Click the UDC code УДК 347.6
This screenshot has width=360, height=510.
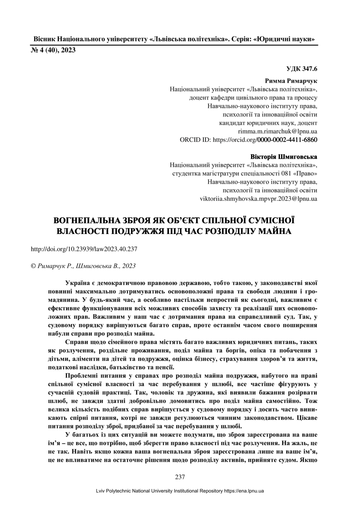[x=302, y=70]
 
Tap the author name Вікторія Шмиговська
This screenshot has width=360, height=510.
[x=284, y=157]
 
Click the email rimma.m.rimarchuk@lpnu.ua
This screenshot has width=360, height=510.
[x=277, y=131]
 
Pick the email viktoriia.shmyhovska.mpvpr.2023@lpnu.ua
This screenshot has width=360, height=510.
[x=258, y=198]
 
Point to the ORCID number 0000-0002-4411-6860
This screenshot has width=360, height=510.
[x=287, y=140]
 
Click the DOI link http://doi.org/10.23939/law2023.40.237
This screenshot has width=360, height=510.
[x=84, y=248]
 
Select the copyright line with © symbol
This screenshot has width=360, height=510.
[x=83, y=266]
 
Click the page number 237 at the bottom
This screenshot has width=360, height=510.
[x=180, y=477]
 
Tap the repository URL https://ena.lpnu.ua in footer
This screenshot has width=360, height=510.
[x=244, y=491]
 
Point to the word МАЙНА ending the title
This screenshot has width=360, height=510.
[x=273, y=231]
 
